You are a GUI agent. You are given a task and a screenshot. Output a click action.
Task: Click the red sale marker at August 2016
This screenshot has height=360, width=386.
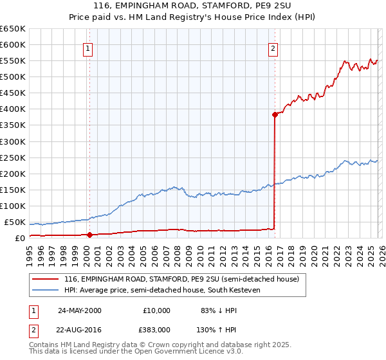275,114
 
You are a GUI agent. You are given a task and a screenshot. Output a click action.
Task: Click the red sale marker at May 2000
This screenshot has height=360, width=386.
89,235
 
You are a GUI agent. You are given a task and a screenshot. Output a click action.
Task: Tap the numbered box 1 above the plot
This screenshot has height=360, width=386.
87,47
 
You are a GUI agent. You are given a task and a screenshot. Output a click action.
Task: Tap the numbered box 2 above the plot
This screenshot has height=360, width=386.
273,47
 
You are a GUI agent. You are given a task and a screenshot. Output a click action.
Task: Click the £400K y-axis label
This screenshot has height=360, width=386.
13,109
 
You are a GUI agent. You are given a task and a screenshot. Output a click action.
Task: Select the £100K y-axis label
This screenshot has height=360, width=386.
13,206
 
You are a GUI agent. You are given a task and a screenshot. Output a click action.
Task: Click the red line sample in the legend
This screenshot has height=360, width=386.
46,280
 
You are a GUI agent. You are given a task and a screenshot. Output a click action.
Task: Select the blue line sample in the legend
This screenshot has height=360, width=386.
46,291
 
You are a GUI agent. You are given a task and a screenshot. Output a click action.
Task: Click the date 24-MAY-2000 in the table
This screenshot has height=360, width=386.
79,310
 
